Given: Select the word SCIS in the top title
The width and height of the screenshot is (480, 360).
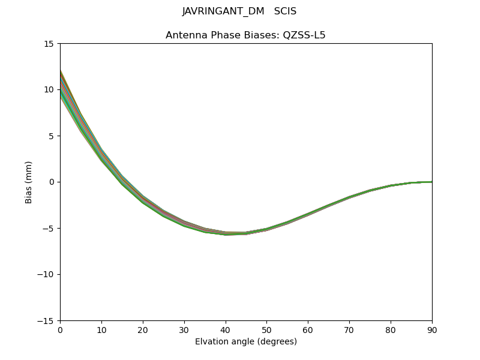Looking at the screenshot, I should click(x=286, y=11).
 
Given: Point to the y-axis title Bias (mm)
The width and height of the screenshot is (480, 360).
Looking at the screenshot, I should click(x=29, y=182).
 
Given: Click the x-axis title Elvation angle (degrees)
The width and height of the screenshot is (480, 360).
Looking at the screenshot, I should click(x=246, y=342).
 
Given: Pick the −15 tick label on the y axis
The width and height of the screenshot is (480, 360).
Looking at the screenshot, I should click(x=46, y=321).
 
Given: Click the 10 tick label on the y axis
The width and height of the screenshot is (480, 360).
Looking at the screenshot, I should click(x=49, y=90).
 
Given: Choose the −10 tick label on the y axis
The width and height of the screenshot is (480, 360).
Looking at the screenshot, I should click(x=46, y=275).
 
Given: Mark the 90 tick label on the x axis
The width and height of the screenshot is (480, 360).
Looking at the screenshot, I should click(x=432, y=330).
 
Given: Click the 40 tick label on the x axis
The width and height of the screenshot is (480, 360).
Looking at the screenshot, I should click(x=226, y=330).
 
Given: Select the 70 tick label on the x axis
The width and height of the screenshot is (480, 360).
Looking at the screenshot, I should click(x=349, y=330).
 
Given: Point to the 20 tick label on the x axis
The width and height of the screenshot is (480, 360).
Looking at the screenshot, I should click(x=143, y=330).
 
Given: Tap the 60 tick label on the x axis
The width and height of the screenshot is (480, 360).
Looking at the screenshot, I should click(x=308, y=330).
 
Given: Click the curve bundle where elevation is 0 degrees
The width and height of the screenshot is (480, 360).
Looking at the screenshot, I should click(x=61, y=84).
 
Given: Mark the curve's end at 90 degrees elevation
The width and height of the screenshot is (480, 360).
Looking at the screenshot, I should click(x=431, y=182).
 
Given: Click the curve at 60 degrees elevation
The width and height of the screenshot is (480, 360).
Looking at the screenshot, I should click(x=308, y=213).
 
